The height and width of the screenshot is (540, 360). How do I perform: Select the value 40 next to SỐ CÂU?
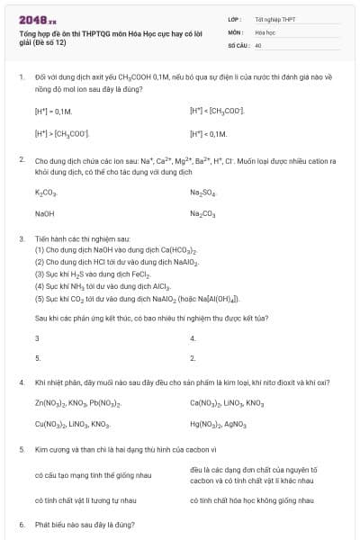coord(258,44)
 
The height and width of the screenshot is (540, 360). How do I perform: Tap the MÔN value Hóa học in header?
coord(265,31)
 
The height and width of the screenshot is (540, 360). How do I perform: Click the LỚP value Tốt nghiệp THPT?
coord(274,19)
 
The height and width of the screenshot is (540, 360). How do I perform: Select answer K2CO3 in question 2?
coord(46,193)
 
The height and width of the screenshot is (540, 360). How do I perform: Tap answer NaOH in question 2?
coord(44,213)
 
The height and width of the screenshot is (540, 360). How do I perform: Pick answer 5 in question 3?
coord(37,358)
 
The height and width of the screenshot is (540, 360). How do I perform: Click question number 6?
coord(21,523)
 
